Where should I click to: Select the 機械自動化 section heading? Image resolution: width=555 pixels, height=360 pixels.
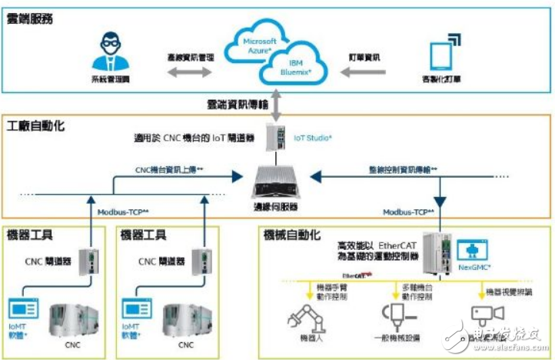point(294,234)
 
